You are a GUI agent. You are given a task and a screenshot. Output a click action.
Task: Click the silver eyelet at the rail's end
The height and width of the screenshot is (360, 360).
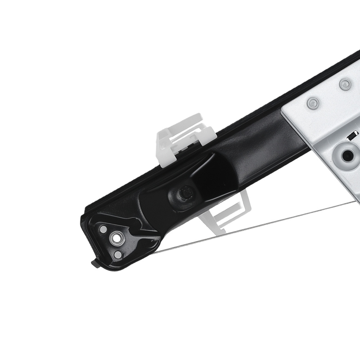[116, 238]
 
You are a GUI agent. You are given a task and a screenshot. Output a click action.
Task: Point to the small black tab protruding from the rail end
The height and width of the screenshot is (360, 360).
[96, 264]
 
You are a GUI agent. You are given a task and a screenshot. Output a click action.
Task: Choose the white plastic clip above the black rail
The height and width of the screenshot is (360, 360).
[184, 137]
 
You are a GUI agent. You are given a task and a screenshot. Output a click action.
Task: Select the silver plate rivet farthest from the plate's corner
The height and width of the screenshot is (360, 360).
[345, 83]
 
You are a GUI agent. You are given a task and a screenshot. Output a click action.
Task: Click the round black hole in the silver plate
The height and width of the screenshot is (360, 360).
[347, 155]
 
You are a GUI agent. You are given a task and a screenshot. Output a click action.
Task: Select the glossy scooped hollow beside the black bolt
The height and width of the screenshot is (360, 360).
[212, 169]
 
